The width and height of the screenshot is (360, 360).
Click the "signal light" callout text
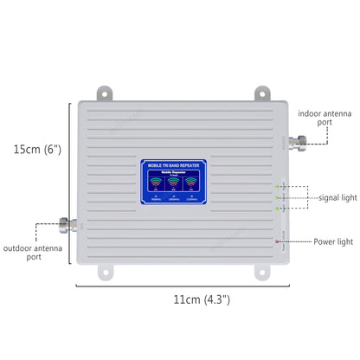pos(337,197)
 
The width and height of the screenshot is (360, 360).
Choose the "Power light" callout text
pos(334,241)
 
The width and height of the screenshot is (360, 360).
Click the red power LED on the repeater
pos(276,241)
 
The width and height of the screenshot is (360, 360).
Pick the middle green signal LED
pos(276,197)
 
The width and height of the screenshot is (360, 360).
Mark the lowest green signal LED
pos(276,208)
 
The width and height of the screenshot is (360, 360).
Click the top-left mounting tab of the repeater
pos(104,91)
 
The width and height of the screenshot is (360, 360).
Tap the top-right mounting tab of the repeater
pos(259,91)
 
